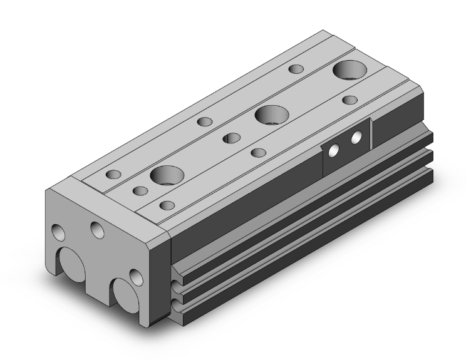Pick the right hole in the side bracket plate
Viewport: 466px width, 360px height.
point(357,136)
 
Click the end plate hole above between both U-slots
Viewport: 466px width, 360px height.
point(97,230)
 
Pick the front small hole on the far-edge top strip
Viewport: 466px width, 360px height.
point(113,175)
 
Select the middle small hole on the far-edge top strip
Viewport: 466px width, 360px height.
point(204,121)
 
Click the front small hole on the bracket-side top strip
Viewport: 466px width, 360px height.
point(166,205)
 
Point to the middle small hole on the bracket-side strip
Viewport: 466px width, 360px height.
point(257,152)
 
